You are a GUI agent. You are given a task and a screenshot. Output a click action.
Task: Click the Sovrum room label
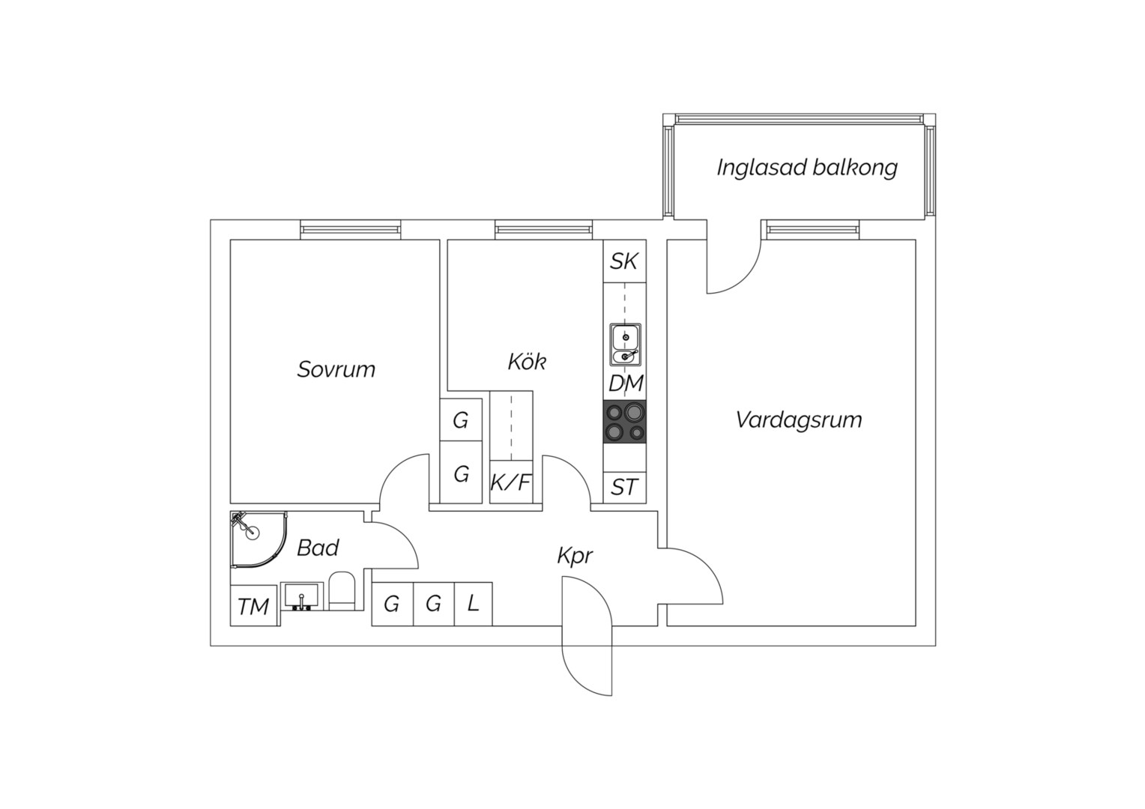click(336, 369)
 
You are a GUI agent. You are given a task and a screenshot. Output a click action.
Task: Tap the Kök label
click(527, 362)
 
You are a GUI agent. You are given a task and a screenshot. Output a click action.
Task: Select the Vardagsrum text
click(798, 419)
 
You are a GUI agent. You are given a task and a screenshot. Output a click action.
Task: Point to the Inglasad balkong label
click(806, 167)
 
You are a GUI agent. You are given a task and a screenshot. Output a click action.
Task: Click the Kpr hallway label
click(575, 556)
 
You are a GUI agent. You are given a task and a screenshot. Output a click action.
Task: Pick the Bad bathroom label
click(318, 548)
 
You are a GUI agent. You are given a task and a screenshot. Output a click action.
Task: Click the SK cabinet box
click(624, 261)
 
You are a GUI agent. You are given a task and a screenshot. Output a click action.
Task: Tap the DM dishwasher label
click(625, 384)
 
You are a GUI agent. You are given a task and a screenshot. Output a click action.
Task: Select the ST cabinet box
click(624, 488)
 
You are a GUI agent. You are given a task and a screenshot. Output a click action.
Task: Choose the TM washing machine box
click(253, 606)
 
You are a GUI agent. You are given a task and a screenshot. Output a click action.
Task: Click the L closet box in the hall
click(473, 604)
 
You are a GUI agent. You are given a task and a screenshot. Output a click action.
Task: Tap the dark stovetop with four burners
click(625, 422)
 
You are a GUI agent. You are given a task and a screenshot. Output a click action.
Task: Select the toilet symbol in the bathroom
click(342, 592)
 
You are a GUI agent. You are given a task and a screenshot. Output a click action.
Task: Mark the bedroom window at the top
click(351, 229)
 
